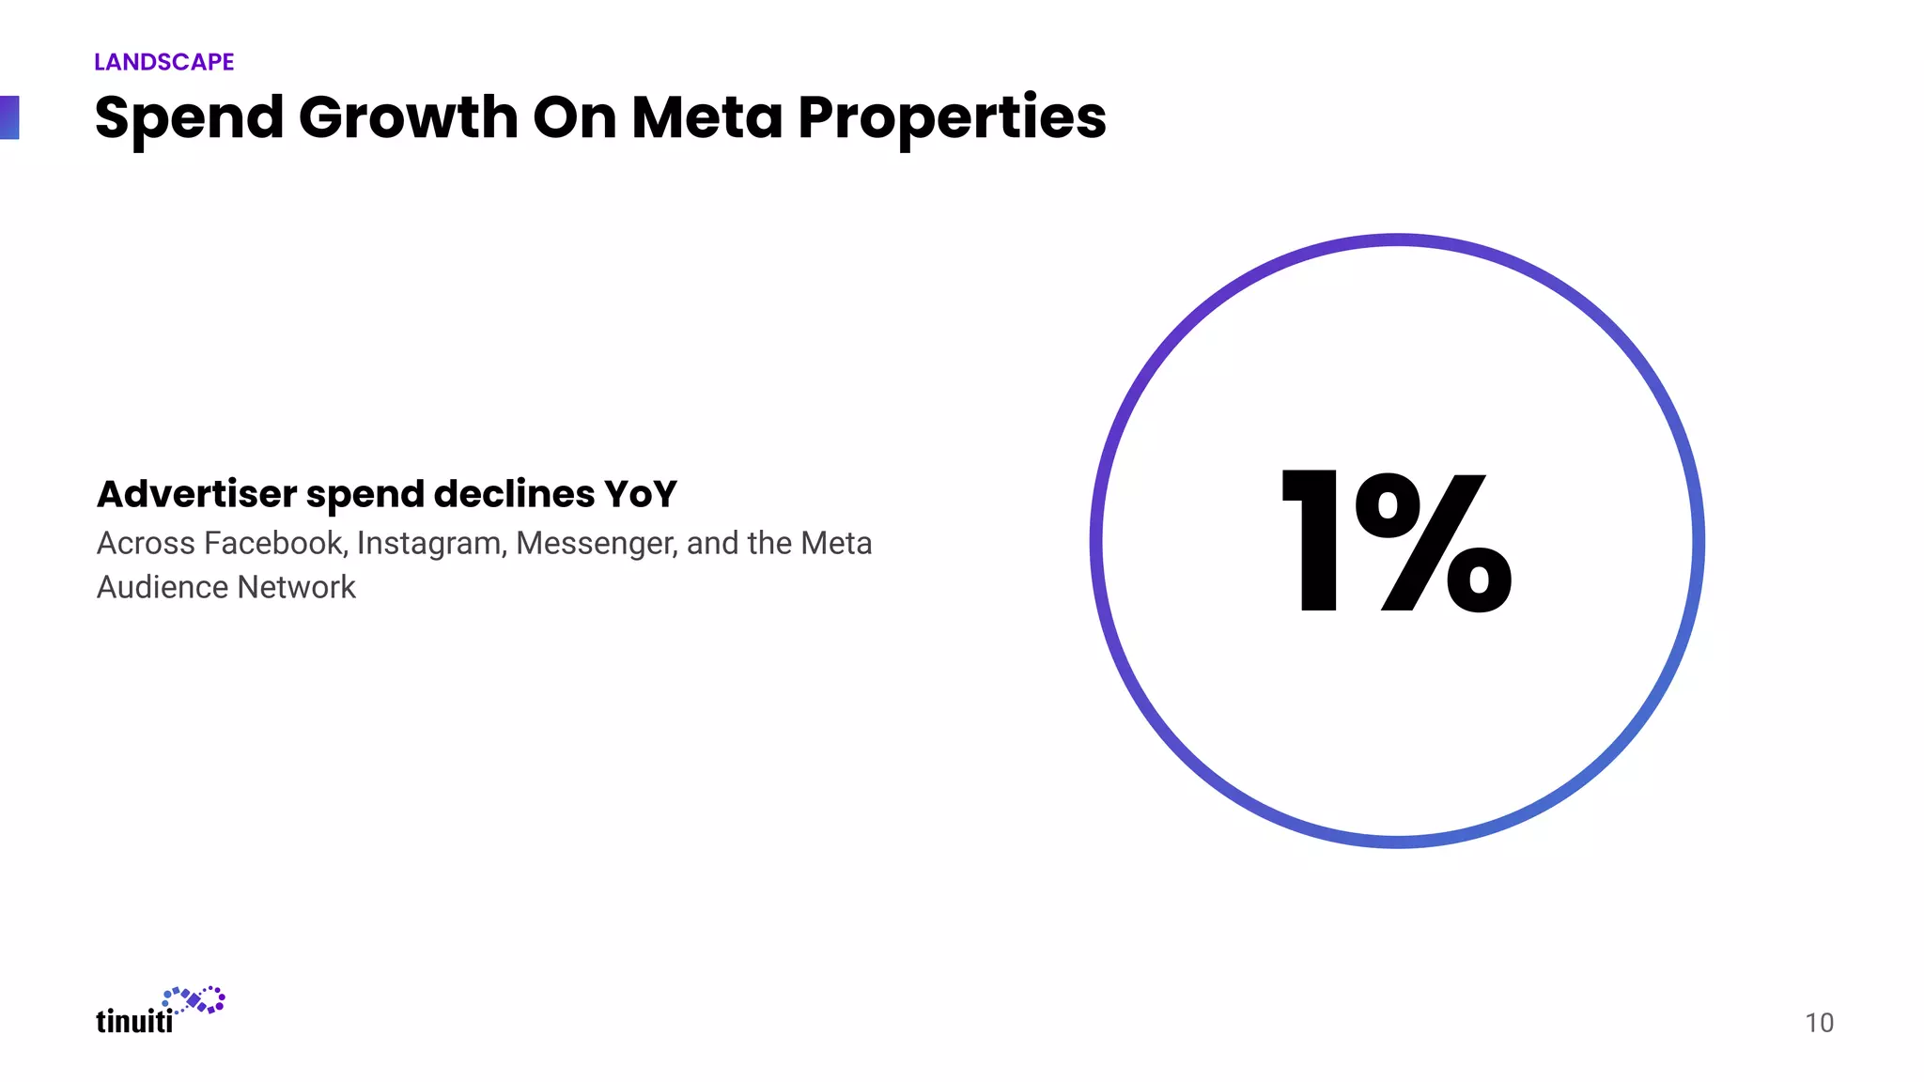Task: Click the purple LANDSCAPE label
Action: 163,62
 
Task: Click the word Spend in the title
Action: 189,118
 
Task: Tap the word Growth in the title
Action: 408,118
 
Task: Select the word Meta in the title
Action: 706,118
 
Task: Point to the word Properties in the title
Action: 952,120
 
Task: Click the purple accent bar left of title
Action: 9,117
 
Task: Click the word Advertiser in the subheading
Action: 196,494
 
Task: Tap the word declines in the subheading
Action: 514,494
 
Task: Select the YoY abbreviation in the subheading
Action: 640,494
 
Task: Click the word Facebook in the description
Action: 274,544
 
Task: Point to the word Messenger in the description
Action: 597,545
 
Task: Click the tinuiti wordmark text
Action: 134,1021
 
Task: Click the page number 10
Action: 1819,1023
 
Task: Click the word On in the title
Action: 573,118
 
